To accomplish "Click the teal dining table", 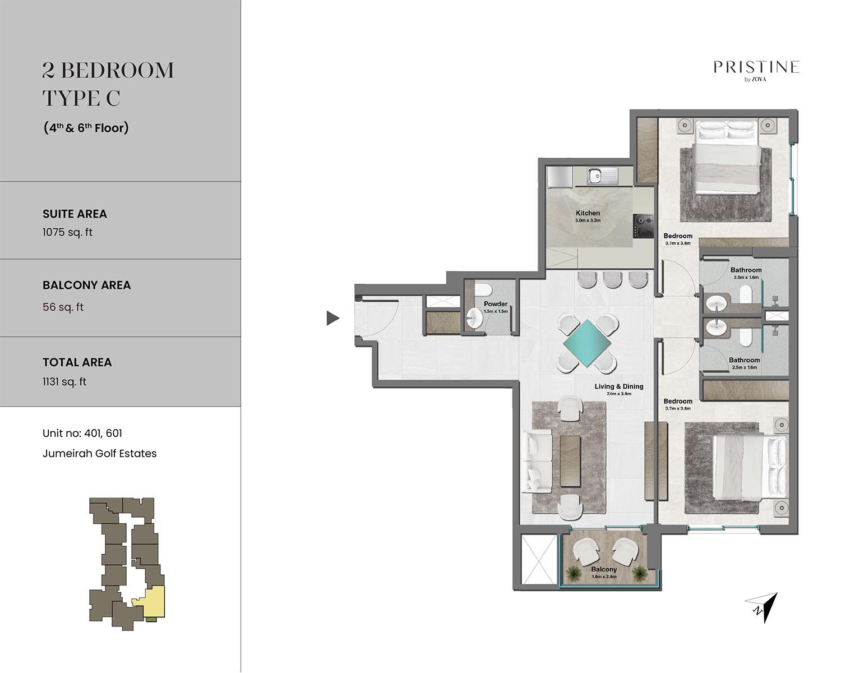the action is [586, 343].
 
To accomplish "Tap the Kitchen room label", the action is [588, 213].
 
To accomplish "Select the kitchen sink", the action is [602, 175].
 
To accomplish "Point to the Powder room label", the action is [496, 304].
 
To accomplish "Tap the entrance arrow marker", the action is [332, 318].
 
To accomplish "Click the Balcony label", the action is [604, 569].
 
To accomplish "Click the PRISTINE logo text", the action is [756, 67].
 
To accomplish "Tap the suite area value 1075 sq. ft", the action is [68, 232].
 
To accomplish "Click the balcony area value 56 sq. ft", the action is [63, 307].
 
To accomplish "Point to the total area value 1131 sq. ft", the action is [64, 382].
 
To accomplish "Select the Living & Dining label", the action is [619, 386].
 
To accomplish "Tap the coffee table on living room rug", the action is [570, 462].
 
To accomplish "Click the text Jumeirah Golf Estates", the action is [100, 454].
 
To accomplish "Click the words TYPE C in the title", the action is [81, 98].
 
